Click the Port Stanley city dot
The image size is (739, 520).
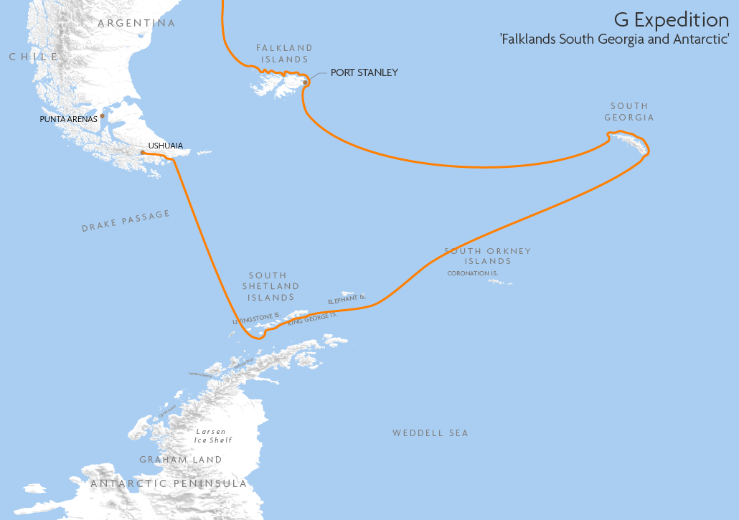pyautogui.click(x=306, y=82)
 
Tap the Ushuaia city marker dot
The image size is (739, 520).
pyautogui.click(x=143, y=152)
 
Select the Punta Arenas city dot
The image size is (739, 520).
pyautogui.click(x=103, y=115)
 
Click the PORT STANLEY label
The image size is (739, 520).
pyautogui.click(x=364, y=73)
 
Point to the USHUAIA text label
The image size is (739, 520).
pyautogui.click(x=165, y=146)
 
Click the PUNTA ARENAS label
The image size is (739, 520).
pyautogui.click(x=68, y=119)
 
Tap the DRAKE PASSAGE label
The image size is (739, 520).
pyautogui.click(x=126, y=221)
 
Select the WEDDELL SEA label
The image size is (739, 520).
pyautogui.click(x=430, y=433)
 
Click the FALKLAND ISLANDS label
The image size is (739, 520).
pyautogui.click(x=284, y=54)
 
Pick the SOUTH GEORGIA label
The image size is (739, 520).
pyautogui.click(x=629, y=112)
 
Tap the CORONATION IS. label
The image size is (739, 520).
pyautogui.click(x=472, y=273)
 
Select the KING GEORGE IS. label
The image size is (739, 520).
pyautogui.click(x=312, y=320)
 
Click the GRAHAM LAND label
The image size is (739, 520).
pyautogui.click(x=181, y=460)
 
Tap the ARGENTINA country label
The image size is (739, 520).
pyautogui.click(x=136, y=23)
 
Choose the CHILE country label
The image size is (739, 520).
pyautogui.click(x=33, y=57)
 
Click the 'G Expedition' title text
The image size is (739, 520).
pyautogui.click(x=671, y=19)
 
